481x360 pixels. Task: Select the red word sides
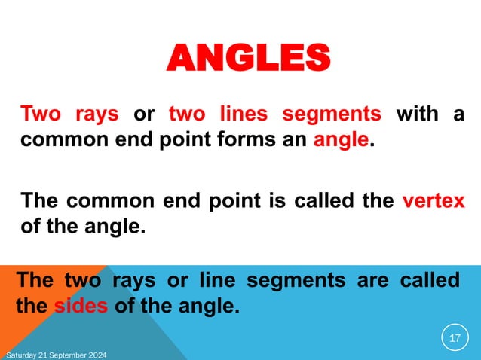(76, 307)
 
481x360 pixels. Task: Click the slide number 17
(454, 339)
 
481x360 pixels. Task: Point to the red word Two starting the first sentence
(41, 115)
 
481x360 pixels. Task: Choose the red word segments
(332, 115)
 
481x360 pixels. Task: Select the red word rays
(96, 115)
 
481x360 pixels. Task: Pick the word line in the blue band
(216, 281)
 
